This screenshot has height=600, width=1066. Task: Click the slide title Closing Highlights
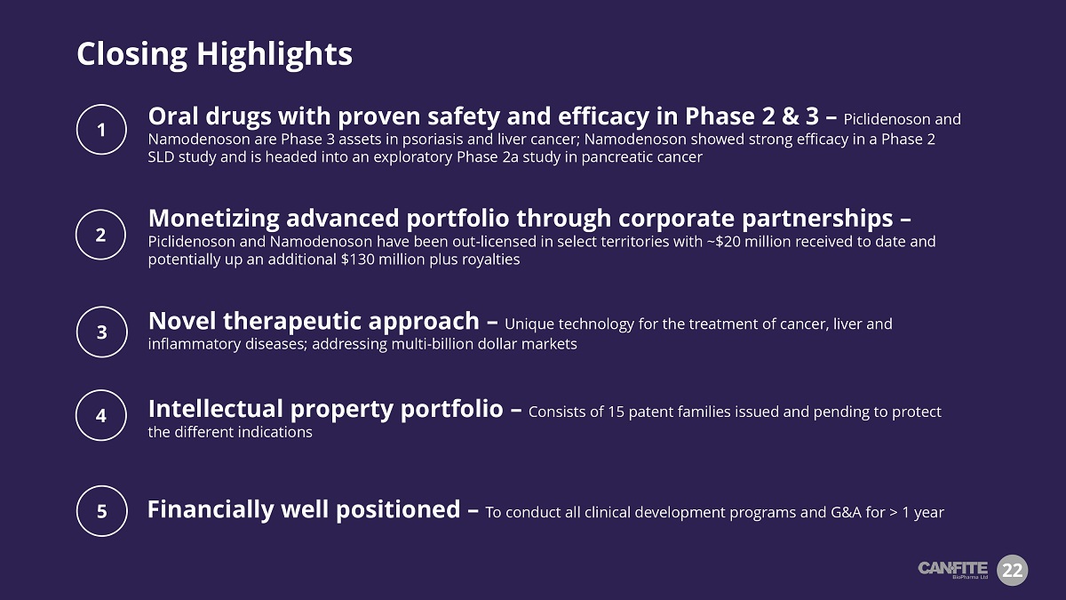click(215, 54)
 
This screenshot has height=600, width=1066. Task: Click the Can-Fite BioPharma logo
click(952, 570)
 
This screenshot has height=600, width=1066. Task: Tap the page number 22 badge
click(1012, 570)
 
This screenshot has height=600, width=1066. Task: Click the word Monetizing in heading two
click(214, 219)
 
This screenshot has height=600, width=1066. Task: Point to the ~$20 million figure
click(748, 242)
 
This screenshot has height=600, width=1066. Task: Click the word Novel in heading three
click(182, 321)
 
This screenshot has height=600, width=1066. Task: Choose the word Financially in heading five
click(211, 509)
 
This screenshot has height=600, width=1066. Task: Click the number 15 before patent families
click(616, 412)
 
